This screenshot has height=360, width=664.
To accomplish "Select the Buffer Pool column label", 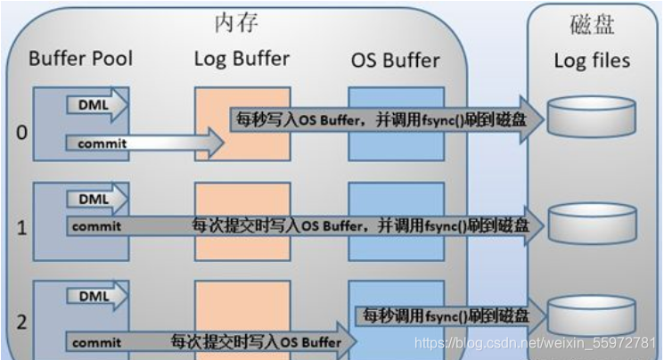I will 80,60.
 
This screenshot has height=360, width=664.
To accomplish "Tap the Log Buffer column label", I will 242,59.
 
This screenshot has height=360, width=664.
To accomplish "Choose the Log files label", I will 592,61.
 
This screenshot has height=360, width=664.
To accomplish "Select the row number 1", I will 22,227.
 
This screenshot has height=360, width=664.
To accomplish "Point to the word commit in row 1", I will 96,226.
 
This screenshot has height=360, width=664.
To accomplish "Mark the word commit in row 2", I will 96,342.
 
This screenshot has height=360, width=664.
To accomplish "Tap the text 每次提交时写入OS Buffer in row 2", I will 257,341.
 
